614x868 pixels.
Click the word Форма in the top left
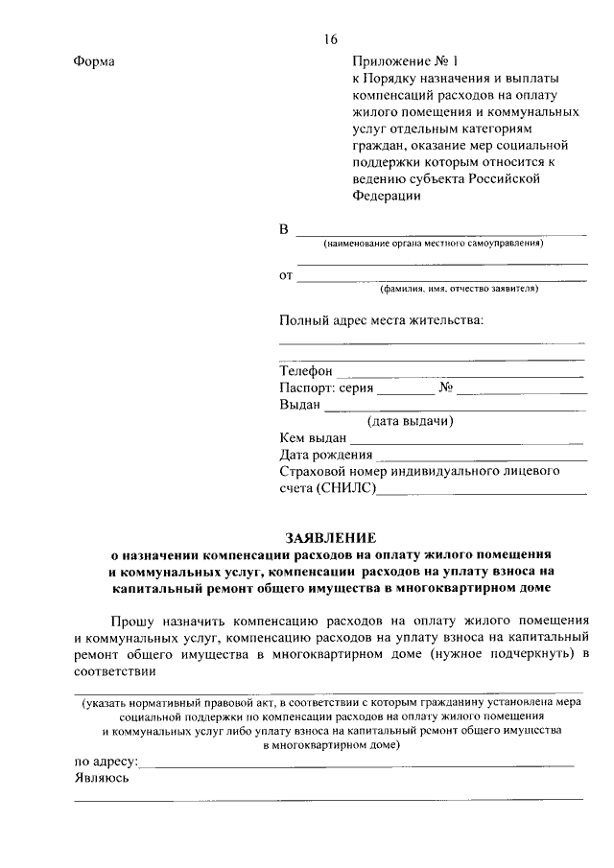[94, 62]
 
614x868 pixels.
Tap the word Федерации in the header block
[387, 197]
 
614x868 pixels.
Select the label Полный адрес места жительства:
[381, 318]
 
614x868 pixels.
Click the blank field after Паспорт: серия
[406, 390]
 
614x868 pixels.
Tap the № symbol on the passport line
[445, 388]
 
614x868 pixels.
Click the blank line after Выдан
[455, 407]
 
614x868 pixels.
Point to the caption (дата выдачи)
[411, 422]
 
